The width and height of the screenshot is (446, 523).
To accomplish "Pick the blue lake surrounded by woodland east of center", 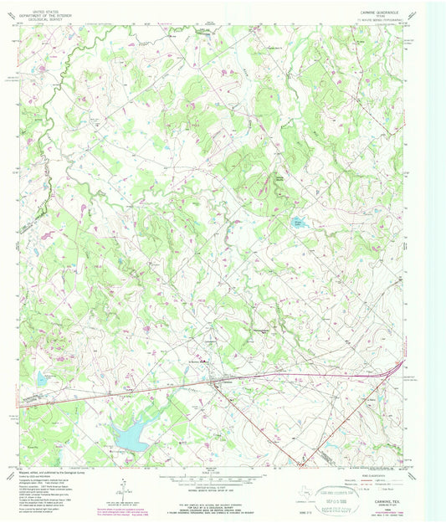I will click(299, 223).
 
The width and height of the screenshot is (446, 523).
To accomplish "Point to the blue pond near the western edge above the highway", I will click(40, 379).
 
